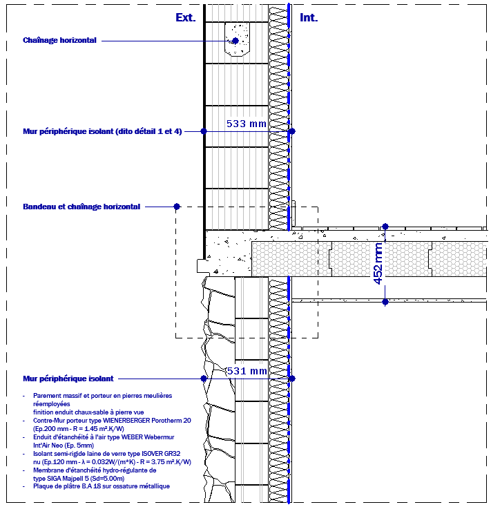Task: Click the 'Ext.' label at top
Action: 186,17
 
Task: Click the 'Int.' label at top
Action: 309,17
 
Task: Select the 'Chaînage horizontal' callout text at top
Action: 59,40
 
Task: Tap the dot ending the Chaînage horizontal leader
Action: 235,41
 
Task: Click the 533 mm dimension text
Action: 247,124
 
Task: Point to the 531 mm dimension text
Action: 247,371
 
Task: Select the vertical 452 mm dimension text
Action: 378,264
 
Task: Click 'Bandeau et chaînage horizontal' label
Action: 81,207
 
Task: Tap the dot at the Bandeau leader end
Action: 177,207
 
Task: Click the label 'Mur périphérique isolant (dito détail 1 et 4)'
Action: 102,131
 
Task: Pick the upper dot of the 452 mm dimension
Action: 385,227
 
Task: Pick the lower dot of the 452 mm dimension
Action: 385,302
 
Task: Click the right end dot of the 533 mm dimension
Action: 292,131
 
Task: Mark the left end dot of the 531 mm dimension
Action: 204,379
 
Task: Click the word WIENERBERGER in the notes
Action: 126,421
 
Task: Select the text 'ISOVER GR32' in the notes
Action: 161,454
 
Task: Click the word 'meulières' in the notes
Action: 157,396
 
